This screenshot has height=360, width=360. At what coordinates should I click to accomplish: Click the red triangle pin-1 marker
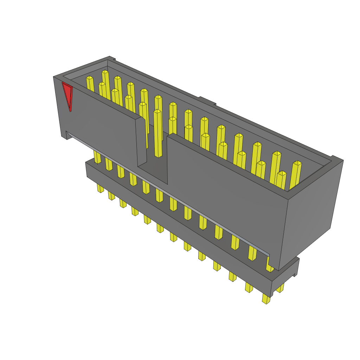(67, 94)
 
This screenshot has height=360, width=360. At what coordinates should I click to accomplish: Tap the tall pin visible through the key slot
(158, 134)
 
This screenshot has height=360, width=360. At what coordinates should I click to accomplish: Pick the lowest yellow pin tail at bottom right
(266, 298)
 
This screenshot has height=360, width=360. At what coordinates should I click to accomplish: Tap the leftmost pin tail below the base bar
(101, 188)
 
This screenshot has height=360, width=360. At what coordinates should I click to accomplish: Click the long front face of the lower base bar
(176, 225)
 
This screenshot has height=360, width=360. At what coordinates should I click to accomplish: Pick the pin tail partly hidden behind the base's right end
(280, 289)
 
